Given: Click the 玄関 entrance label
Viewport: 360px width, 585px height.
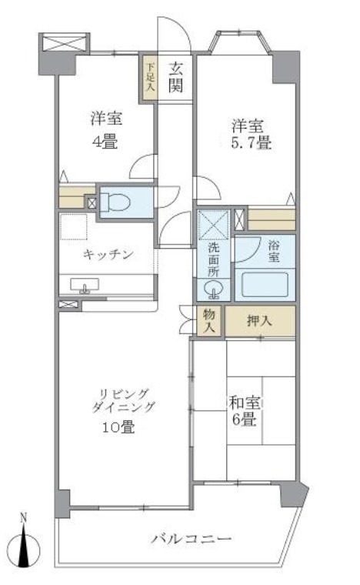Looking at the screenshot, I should pyautogui.click(x=176, y=78).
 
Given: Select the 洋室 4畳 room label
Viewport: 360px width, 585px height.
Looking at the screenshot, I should pyautogui.click(x=107, y=129).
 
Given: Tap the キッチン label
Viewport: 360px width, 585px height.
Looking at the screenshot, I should pyautogui.click(x=108, y=255).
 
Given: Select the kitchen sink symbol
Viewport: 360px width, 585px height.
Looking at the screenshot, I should pyautogui.click(x=85, y=286).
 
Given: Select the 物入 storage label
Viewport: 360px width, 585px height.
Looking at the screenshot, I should pyautogui.click(x=209, y=319).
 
